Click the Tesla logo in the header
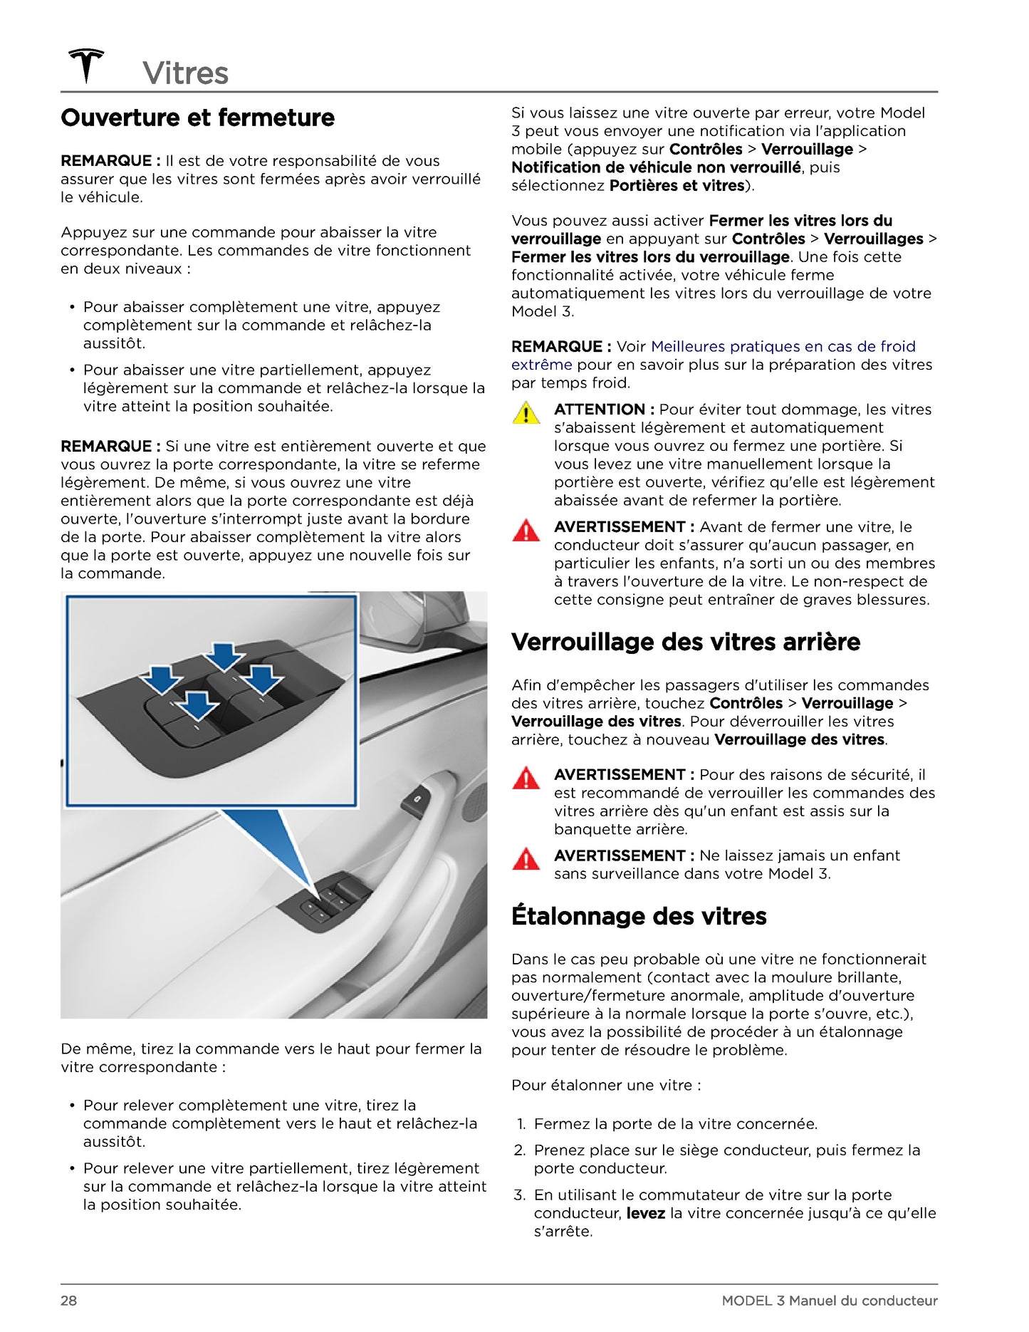pos(85,66)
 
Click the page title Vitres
pos(185,73)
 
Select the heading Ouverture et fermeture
pos(197,118)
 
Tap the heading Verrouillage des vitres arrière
pos(685,642)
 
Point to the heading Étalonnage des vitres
pos(638,915)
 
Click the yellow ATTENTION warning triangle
pos(526,413)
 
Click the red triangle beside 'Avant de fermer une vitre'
pos(526,531)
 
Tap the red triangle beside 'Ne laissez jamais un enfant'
pos(526,859)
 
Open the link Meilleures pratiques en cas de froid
pos(783,347)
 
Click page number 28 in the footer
pos(68,1301)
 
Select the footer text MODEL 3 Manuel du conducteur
pos(829,1301)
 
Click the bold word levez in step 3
pos(645,1213)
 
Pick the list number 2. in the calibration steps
pos(520,1150)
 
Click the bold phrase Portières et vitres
pos(677,186)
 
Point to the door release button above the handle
pos(414,803)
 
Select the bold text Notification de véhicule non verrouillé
pos(655,167)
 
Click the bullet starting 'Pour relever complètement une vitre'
pos(280,1123)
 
